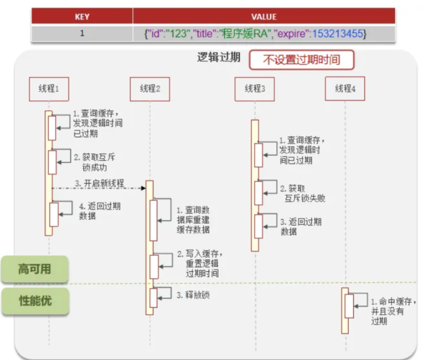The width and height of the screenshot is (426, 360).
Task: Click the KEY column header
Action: (82, 17)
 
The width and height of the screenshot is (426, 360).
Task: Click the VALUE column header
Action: (264, 17)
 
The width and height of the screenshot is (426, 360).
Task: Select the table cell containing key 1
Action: (82, 34)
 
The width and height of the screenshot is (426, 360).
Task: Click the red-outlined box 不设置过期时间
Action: (301, 60)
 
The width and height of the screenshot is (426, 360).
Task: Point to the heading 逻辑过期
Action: (218, 58)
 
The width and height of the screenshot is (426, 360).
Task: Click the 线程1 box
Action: (49, 89)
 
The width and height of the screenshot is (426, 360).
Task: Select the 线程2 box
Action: (150, 89)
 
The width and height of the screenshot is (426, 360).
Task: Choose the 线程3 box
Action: (255, 89)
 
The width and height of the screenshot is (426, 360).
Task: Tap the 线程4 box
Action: (345, 89)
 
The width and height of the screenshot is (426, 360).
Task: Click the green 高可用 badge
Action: (34, 269)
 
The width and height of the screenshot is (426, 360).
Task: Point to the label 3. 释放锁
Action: (193, 295)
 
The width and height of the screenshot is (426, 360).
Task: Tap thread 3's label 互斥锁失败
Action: (305, 198)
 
